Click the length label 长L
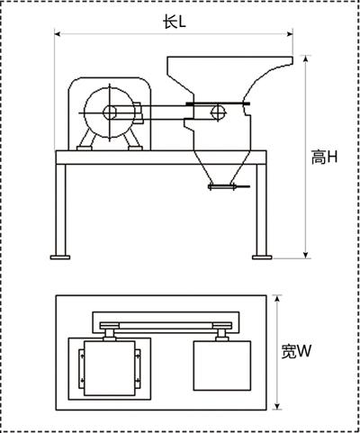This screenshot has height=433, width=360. (x=175, y=22)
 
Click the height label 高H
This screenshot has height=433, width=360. (x=324, y=158)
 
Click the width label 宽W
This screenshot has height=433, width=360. (x=296, y=351)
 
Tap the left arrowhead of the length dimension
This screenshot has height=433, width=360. (x=58, y=34)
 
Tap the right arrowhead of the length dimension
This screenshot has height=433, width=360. (x=289, y=34)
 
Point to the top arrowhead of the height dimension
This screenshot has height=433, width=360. (x=305, y=59)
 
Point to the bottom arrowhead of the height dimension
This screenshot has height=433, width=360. (x=305, y=255)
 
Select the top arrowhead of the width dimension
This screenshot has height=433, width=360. (x=277, y=299)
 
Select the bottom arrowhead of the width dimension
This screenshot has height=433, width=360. (x=277, y=406)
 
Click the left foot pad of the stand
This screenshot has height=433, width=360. (x=60, y=257)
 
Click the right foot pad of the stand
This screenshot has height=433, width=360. (x=262, y=257)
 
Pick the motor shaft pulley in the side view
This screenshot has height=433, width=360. (x=110, y=113)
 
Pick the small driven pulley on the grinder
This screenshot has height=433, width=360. (x=219, y=113)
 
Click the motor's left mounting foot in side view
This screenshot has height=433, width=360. (x=85, y=149)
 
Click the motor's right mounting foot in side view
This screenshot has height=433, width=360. (x=135, y=149)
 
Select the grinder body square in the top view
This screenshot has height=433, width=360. (x=222, y=365)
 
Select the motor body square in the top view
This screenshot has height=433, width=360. (x=110, y=368)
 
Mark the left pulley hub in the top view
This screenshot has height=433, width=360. (x=110, y=334)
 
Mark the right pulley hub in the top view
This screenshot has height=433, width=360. (x=222, y=334)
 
